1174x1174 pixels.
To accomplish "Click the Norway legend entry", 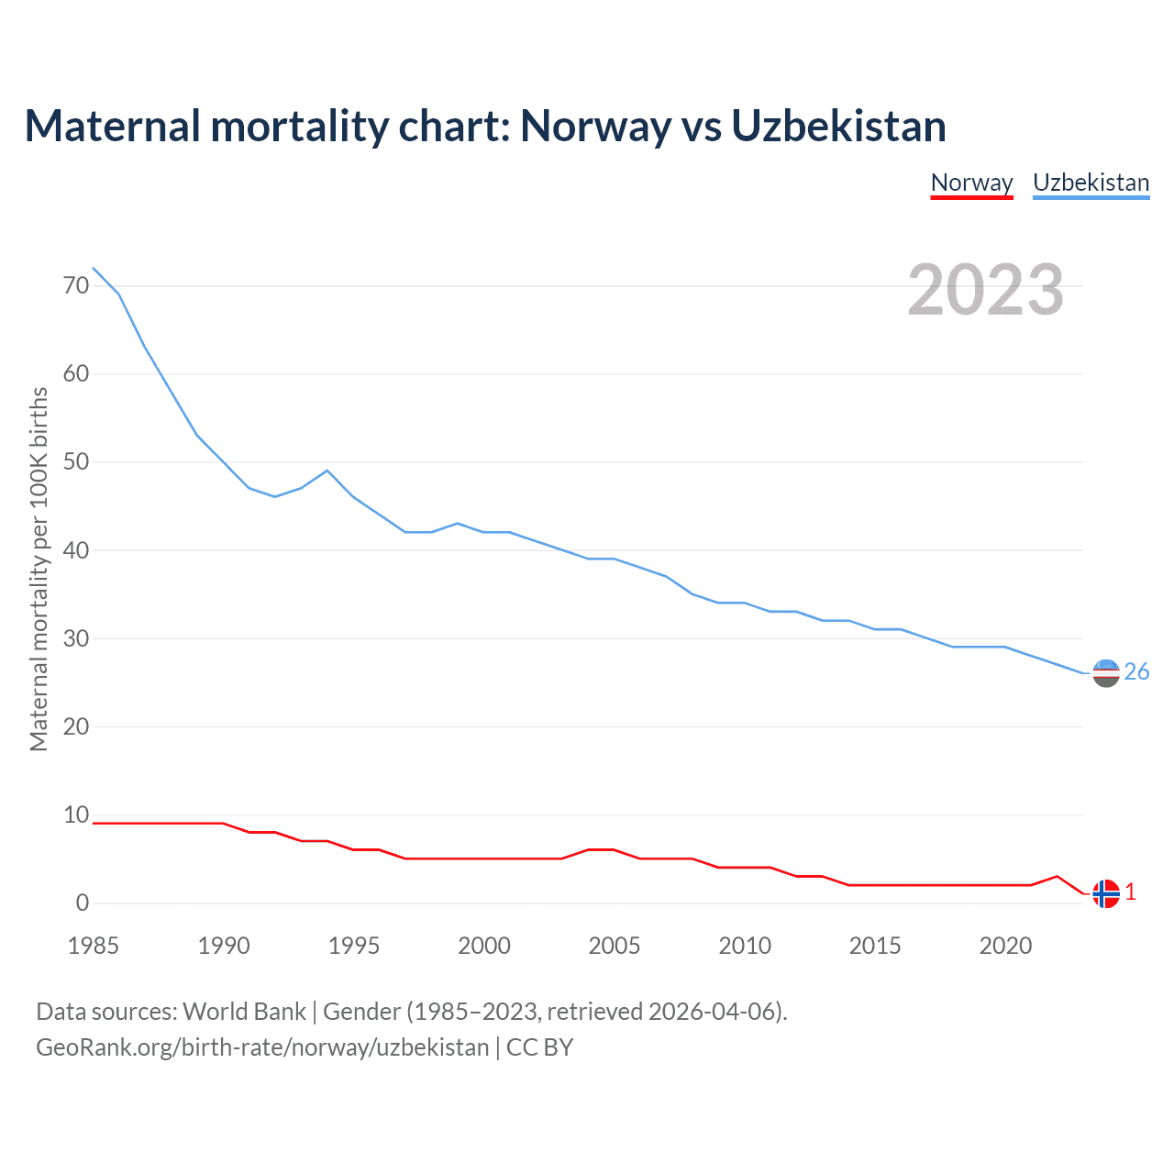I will (x=971, y=183).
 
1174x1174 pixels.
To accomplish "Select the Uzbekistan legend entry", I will (x=1091, y=183).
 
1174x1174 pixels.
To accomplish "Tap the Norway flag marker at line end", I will (x=1106, y=892).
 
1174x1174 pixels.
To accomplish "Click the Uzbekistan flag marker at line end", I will (x=1106, y=673).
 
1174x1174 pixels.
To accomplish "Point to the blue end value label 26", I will (x=1136, y=672).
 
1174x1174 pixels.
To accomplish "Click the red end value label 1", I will (x=1131, y=892).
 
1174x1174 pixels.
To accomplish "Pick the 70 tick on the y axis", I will (x=76, y=286).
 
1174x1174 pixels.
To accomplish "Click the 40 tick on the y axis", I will (x=76, y=550).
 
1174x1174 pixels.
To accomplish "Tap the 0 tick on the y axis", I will (x=83, y=903).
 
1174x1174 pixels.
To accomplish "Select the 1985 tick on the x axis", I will (x=94, y=946).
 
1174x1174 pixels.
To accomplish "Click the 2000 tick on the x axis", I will (x=484, y=946).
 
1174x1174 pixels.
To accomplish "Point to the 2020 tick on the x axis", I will (x=1005, y=946).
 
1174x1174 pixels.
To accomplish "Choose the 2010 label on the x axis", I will (x=745, y=946).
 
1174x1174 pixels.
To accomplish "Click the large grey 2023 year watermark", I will (x=986, y=290).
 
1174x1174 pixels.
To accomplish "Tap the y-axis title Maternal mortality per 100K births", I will (x=39, y=569).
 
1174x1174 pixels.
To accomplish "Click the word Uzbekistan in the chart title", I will (x=838, y=127).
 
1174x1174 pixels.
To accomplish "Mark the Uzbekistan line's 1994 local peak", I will (x=327, y=471).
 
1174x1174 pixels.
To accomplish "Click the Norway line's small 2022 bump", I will (x=1058, y=877).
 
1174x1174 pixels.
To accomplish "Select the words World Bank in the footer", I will (x=244, y=1012).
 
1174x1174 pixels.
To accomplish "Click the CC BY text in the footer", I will (x=539, y=1047).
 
